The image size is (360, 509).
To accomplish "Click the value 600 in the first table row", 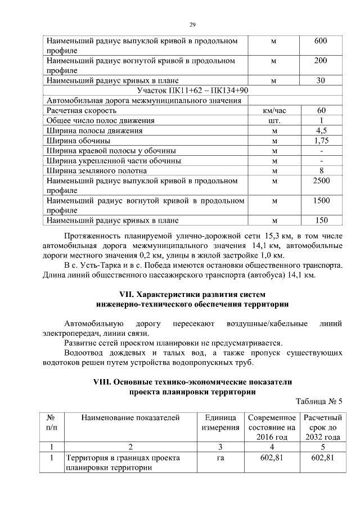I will (x=321, y=41).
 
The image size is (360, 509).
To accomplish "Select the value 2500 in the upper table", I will (x=321, y=181).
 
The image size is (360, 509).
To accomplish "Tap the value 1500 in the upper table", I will (x=321, y=201).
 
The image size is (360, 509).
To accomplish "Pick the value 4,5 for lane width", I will (x=321, y=130).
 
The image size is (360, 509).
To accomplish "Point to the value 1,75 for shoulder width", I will (x=321, y=141).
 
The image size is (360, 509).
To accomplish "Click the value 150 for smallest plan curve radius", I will (x=321, y=220).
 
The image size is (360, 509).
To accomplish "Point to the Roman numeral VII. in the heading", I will (x=129, y=294).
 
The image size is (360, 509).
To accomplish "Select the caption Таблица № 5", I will (x=319, y=402).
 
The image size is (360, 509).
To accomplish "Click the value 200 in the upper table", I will (x=321, y=61).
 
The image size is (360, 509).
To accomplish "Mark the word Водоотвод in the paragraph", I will (x=84, y=353).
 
